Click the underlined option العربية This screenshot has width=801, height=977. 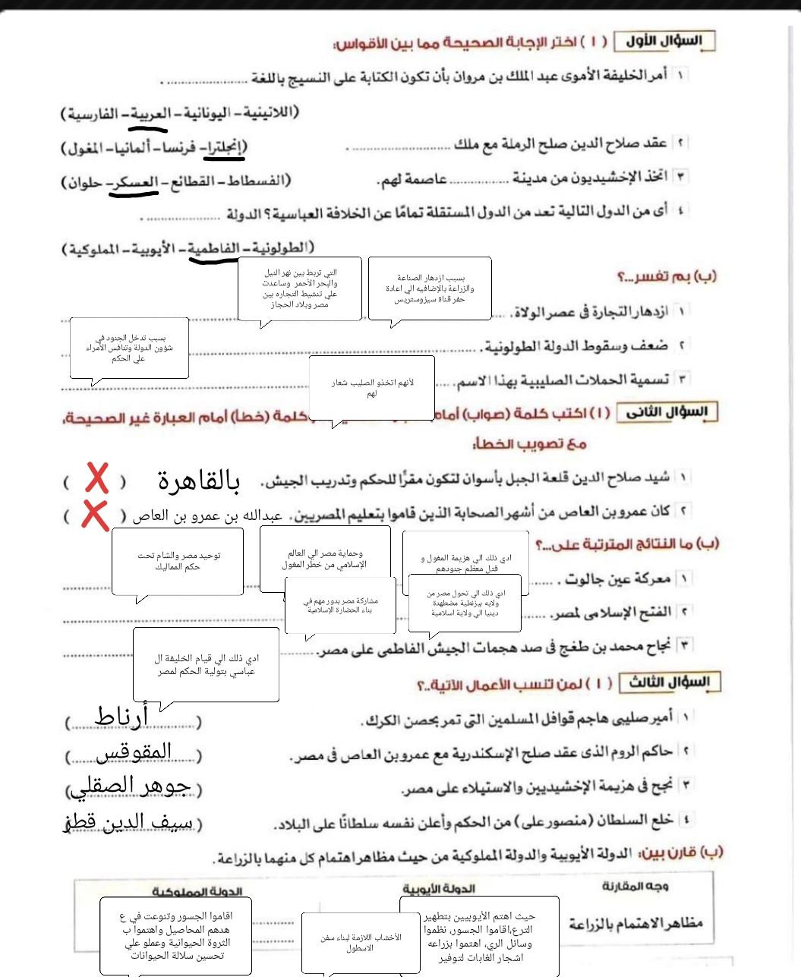(x=150, y=114)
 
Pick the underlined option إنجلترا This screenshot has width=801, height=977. (x=227, y=147)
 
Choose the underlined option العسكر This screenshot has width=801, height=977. (x=136, y=182)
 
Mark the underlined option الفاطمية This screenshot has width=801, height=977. (x=216, y=248)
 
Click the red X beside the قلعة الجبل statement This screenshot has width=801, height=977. (x=96, y=480)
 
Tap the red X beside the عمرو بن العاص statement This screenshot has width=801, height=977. (x=94, y=515)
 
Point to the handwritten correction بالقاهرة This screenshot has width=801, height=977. (x=199, y=481)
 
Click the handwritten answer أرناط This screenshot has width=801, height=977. (x=121, y=716)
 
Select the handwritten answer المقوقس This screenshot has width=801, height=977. (x=135, y=752)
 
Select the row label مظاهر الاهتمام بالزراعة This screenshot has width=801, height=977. (x=635, y=923)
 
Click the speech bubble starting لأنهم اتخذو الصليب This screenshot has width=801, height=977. (x=372, y=388)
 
